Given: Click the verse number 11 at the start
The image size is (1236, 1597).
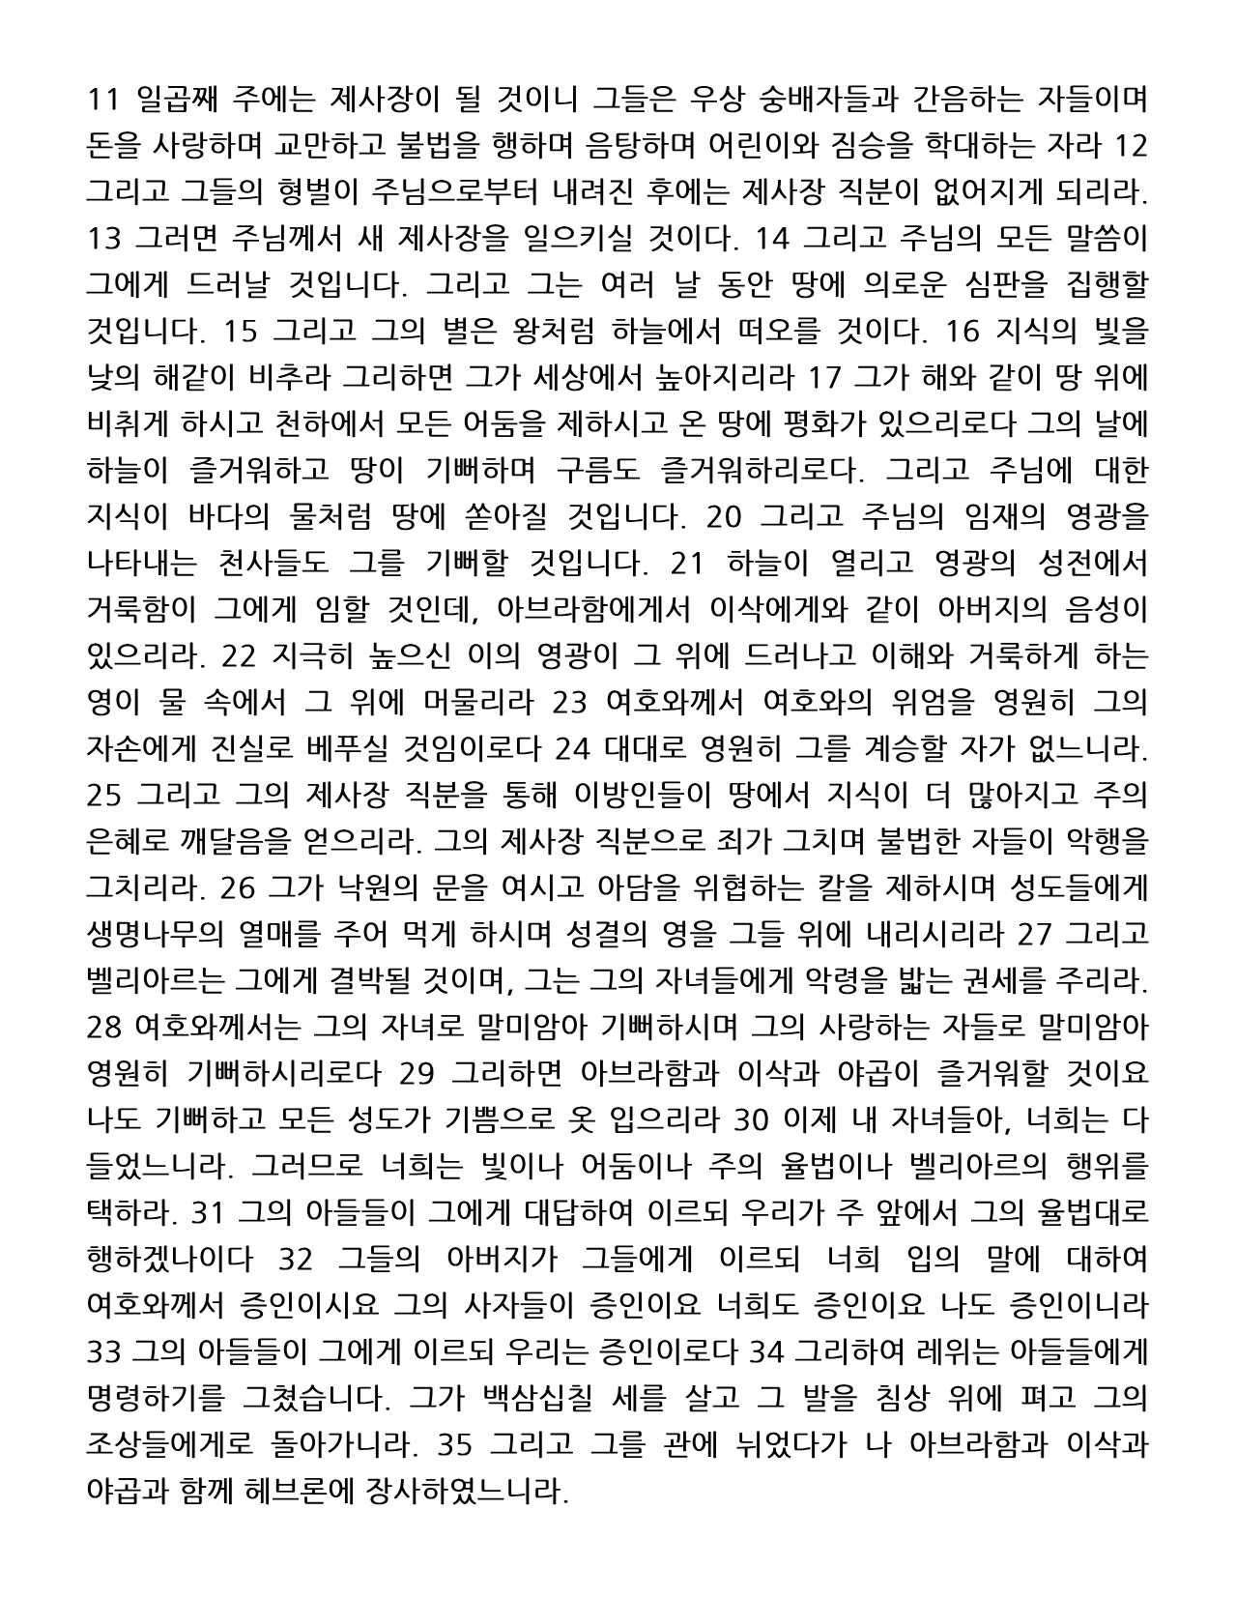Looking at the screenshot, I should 102,100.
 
